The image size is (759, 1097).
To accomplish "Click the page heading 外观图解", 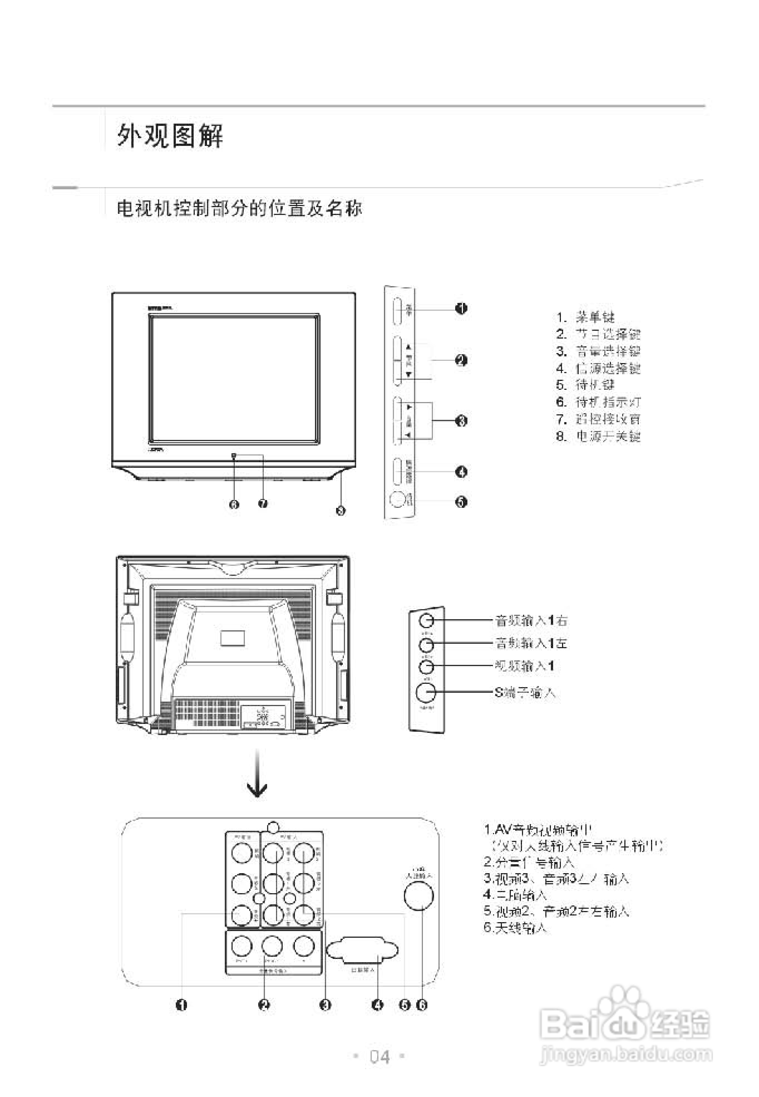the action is [170, 136].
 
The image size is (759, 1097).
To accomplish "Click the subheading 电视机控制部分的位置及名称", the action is [239, 208].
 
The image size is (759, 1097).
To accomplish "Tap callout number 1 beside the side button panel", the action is [461, 308].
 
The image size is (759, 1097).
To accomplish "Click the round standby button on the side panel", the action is [397, 499].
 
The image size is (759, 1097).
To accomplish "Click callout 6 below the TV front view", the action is [234, 504].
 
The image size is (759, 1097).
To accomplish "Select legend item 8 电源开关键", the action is [598, 436].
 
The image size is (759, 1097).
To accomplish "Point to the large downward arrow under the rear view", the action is [257, 773].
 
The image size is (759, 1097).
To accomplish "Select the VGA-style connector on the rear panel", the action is [362, 950].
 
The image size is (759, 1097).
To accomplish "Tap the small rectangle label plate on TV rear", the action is [233, 638].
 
